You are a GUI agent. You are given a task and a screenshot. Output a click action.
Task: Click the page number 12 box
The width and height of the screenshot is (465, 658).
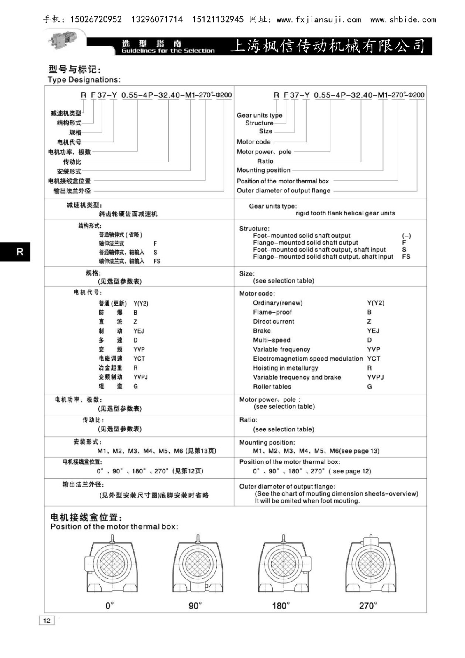pyautogui.click(x=46, y=620)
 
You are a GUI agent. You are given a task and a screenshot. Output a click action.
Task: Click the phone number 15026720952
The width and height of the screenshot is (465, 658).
pyautogui.click(x=96, y=19)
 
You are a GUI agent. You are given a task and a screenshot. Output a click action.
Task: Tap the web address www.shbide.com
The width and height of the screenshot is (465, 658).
pyautogui.click(x=403, y=19)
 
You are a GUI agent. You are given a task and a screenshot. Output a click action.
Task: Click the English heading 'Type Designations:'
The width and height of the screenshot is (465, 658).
pyautogui.click(x=84, y=80)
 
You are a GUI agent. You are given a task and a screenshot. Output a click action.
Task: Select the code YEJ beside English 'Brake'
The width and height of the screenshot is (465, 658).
pyautogui.click(x=373, y=331)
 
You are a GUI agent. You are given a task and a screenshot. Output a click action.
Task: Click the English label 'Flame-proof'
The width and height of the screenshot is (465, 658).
pyautogui.click(x=272, y=312)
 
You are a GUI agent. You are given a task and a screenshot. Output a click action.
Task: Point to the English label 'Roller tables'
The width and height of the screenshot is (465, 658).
pyautogui.click(x=272, y=387)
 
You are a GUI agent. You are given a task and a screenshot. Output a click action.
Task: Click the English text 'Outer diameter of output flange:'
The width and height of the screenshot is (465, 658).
pyautogui.click(x=287, y=486)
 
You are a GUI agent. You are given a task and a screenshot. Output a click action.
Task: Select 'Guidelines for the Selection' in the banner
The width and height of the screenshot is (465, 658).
pyautogui.click(x=168, y=51)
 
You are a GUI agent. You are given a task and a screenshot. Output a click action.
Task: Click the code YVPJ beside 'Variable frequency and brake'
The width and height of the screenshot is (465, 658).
pyautogui.click(x=375, y=377)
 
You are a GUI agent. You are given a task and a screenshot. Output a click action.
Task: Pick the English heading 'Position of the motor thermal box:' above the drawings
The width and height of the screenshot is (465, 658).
pyautogui.click(x=114, y=526)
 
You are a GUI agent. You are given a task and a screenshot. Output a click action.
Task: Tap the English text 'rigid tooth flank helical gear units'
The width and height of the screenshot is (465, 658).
pyautogui.click(x=345, y=213)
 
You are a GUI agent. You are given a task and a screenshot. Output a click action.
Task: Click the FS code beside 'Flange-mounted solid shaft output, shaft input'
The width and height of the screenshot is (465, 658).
pyautogui.click(x=406, y=257)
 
